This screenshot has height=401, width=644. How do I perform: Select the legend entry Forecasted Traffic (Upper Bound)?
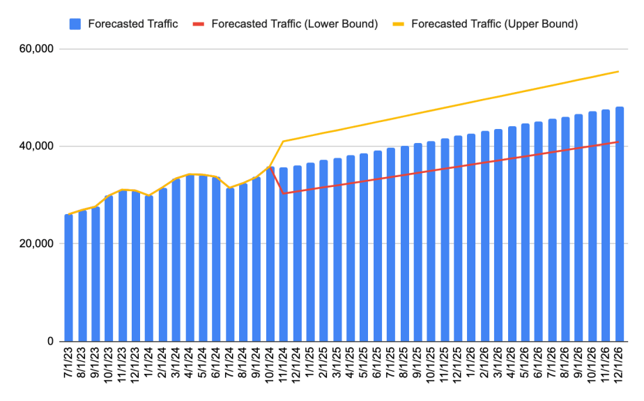tap(494, 24)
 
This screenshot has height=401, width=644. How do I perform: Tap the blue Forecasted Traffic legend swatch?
tap(75, 24)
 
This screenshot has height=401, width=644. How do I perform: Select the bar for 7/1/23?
tap(69, 279)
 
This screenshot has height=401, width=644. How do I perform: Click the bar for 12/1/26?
tap(620, 223)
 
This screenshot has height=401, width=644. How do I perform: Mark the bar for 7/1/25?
tap(391, 244)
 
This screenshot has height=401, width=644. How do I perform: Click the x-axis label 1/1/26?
tap(472, 366)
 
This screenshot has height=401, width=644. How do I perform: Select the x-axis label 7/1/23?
tap(69, 366)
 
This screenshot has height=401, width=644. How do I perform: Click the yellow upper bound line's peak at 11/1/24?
tap(284, 142)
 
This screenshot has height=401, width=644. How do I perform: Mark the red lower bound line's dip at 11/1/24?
tap(284, 193)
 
